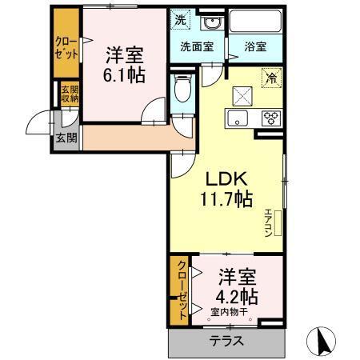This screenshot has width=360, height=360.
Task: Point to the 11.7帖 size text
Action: (x=226, y=198)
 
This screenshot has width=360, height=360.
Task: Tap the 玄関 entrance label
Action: (x=66, y=136)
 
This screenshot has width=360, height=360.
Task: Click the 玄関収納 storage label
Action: (x=69, y=94)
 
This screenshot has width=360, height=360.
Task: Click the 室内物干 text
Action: (x=230, y=312)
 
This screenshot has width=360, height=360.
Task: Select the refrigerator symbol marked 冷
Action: (x=273, y=78)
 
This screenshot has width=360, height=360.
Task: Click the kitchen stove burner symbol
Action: (x=270, y=118)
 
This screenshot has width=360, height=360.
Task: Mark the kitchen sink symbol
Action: (x=237, y=120)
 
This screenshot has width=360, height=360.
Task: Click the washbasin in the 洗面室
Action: (x=211, y=22)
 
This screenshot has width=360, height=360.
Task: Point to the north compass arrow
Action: (x=323, y=340)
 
